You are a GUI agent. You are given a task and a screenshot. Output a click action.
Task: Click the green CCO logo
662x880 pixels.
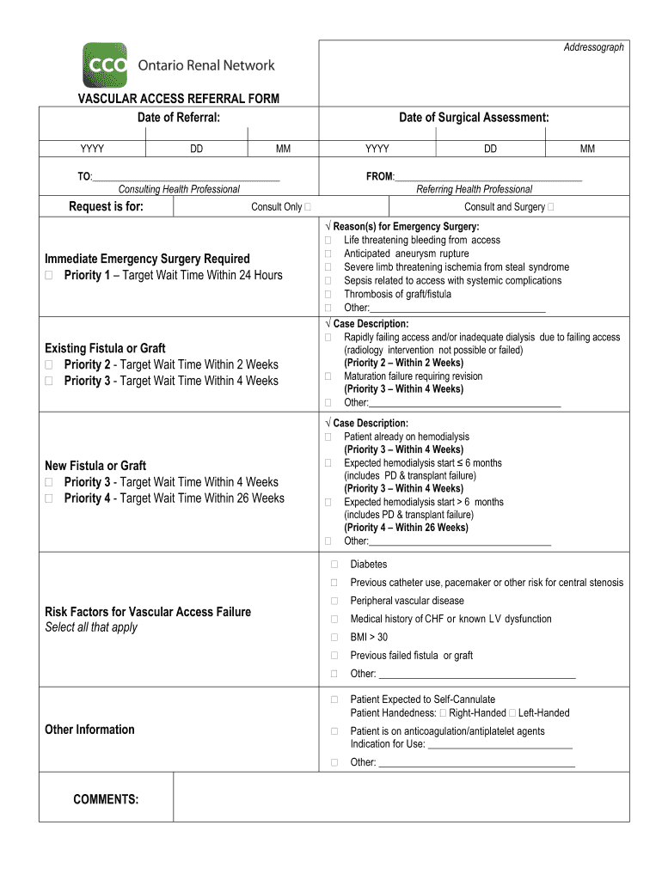104,65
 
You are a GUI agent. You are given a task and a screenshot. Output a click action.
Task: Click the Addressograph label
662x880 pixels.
593,47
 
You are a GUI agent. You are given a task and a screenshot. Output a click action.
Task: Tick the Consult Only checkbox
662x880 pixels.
308,207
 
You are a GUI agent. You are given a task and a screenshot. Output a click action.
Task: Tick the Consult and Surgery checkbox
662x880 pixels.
550,207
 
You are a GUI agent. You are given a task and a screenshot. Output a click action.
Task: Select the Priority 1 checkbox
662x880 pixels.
49,275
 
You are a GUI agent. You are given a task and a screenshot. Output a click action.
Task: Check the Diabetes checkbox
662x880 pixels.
334,565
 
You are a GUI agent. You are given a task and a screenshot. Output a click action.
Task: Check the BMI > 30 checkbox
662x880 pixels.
334,637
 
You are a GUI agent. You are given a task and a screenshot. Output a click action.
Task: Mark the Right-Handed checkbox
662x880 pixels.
443,713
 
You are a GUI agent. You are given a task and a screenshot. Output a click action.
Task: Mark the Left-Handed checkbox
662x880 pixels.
512,713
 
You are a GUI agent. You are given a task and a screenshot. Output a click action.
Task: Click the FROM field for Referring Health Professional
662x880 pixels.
487,176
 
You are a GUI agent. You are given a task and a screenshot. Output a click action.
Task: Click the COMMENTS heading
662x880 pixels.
106,799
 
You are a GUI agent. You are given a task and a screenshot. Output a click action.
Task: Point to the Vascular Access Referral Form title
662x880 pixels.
179,99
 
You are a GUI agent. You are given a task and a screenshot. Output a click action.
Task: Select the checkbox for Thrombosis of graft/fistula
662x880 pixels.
328,294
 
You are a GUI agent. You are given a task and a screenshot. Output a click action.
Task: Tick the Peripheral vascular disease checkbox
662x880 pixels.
334,601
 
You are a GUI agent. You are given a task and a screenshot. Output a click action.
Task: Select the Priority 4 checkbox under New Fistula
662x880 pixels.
49,498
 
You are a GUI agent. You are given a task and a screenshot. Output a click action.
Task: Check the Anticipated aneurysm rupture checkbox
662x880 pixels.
328,254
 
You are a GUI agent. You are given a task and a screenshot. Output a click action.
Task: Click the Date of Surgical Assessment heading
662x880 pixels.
474,117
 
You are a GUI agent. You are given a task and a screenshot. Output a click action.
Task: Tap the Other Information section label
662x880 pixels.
89,730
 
